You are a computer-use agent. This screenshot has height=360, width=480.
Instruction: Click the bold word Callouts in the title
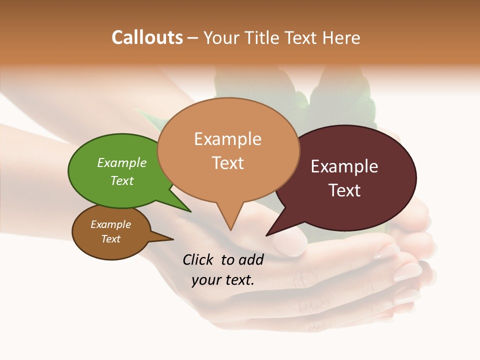pos(147,37)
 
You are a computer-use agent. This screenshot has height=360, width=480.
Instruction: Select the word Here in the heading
pos(342,37)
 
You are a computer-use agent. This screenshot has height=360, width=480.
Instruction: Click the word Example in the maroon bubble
pos(344,166)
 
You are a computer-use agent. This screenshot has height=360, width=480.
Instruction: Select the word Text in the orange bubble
pos(228,163)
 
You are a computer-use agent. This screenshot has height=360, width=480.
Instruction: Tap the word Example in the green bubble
pos(121,163)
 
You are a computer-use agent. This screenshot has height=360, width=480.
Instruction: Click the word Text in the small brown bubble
pos(110,239)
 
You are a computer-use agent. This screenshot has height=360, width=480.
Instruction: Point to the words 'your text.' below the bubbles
pos(223,280)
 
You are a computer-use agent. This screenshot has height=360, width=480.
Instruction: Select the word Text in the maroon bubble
pos(344,190)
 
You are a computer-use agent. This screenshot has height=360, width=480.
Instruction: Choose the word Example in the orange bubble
pos(228,139)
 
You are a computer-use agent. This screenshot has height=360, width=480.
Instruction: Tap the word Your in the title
pos(222,37)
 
